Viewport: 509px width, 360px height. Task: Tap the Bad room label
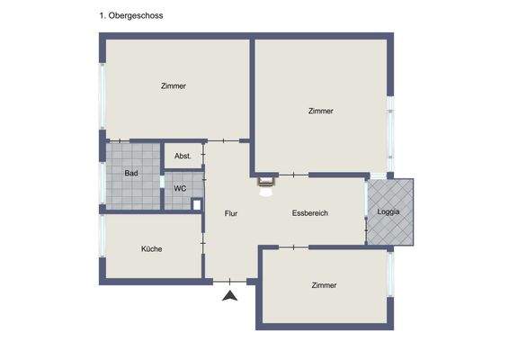131,173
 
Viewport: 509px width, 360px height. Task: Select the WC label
180,189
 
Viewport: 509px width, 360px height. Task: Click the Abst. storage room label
183,156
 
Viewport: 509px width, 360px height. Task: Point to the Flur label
231,213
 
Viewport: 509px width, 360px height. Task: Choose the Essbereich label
309,213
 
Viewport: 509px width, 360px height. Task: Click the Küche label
151,248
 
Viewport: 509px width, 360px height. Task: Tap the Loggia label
389,212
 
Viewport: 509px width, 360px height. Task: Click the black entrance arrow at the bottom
230,294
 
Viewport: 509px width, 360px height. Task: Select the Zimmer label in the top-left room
174,86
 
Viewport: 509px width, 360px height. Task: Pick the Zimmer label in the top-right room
320,111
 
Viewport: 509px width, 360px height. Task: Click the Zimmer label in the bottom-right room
324,285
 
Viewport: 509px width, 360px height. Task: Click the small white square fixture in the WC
197,203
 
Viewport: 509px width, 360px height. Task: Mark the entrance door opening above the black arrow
230,281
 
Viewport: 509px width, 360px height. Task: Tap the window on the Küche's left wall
103,247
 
